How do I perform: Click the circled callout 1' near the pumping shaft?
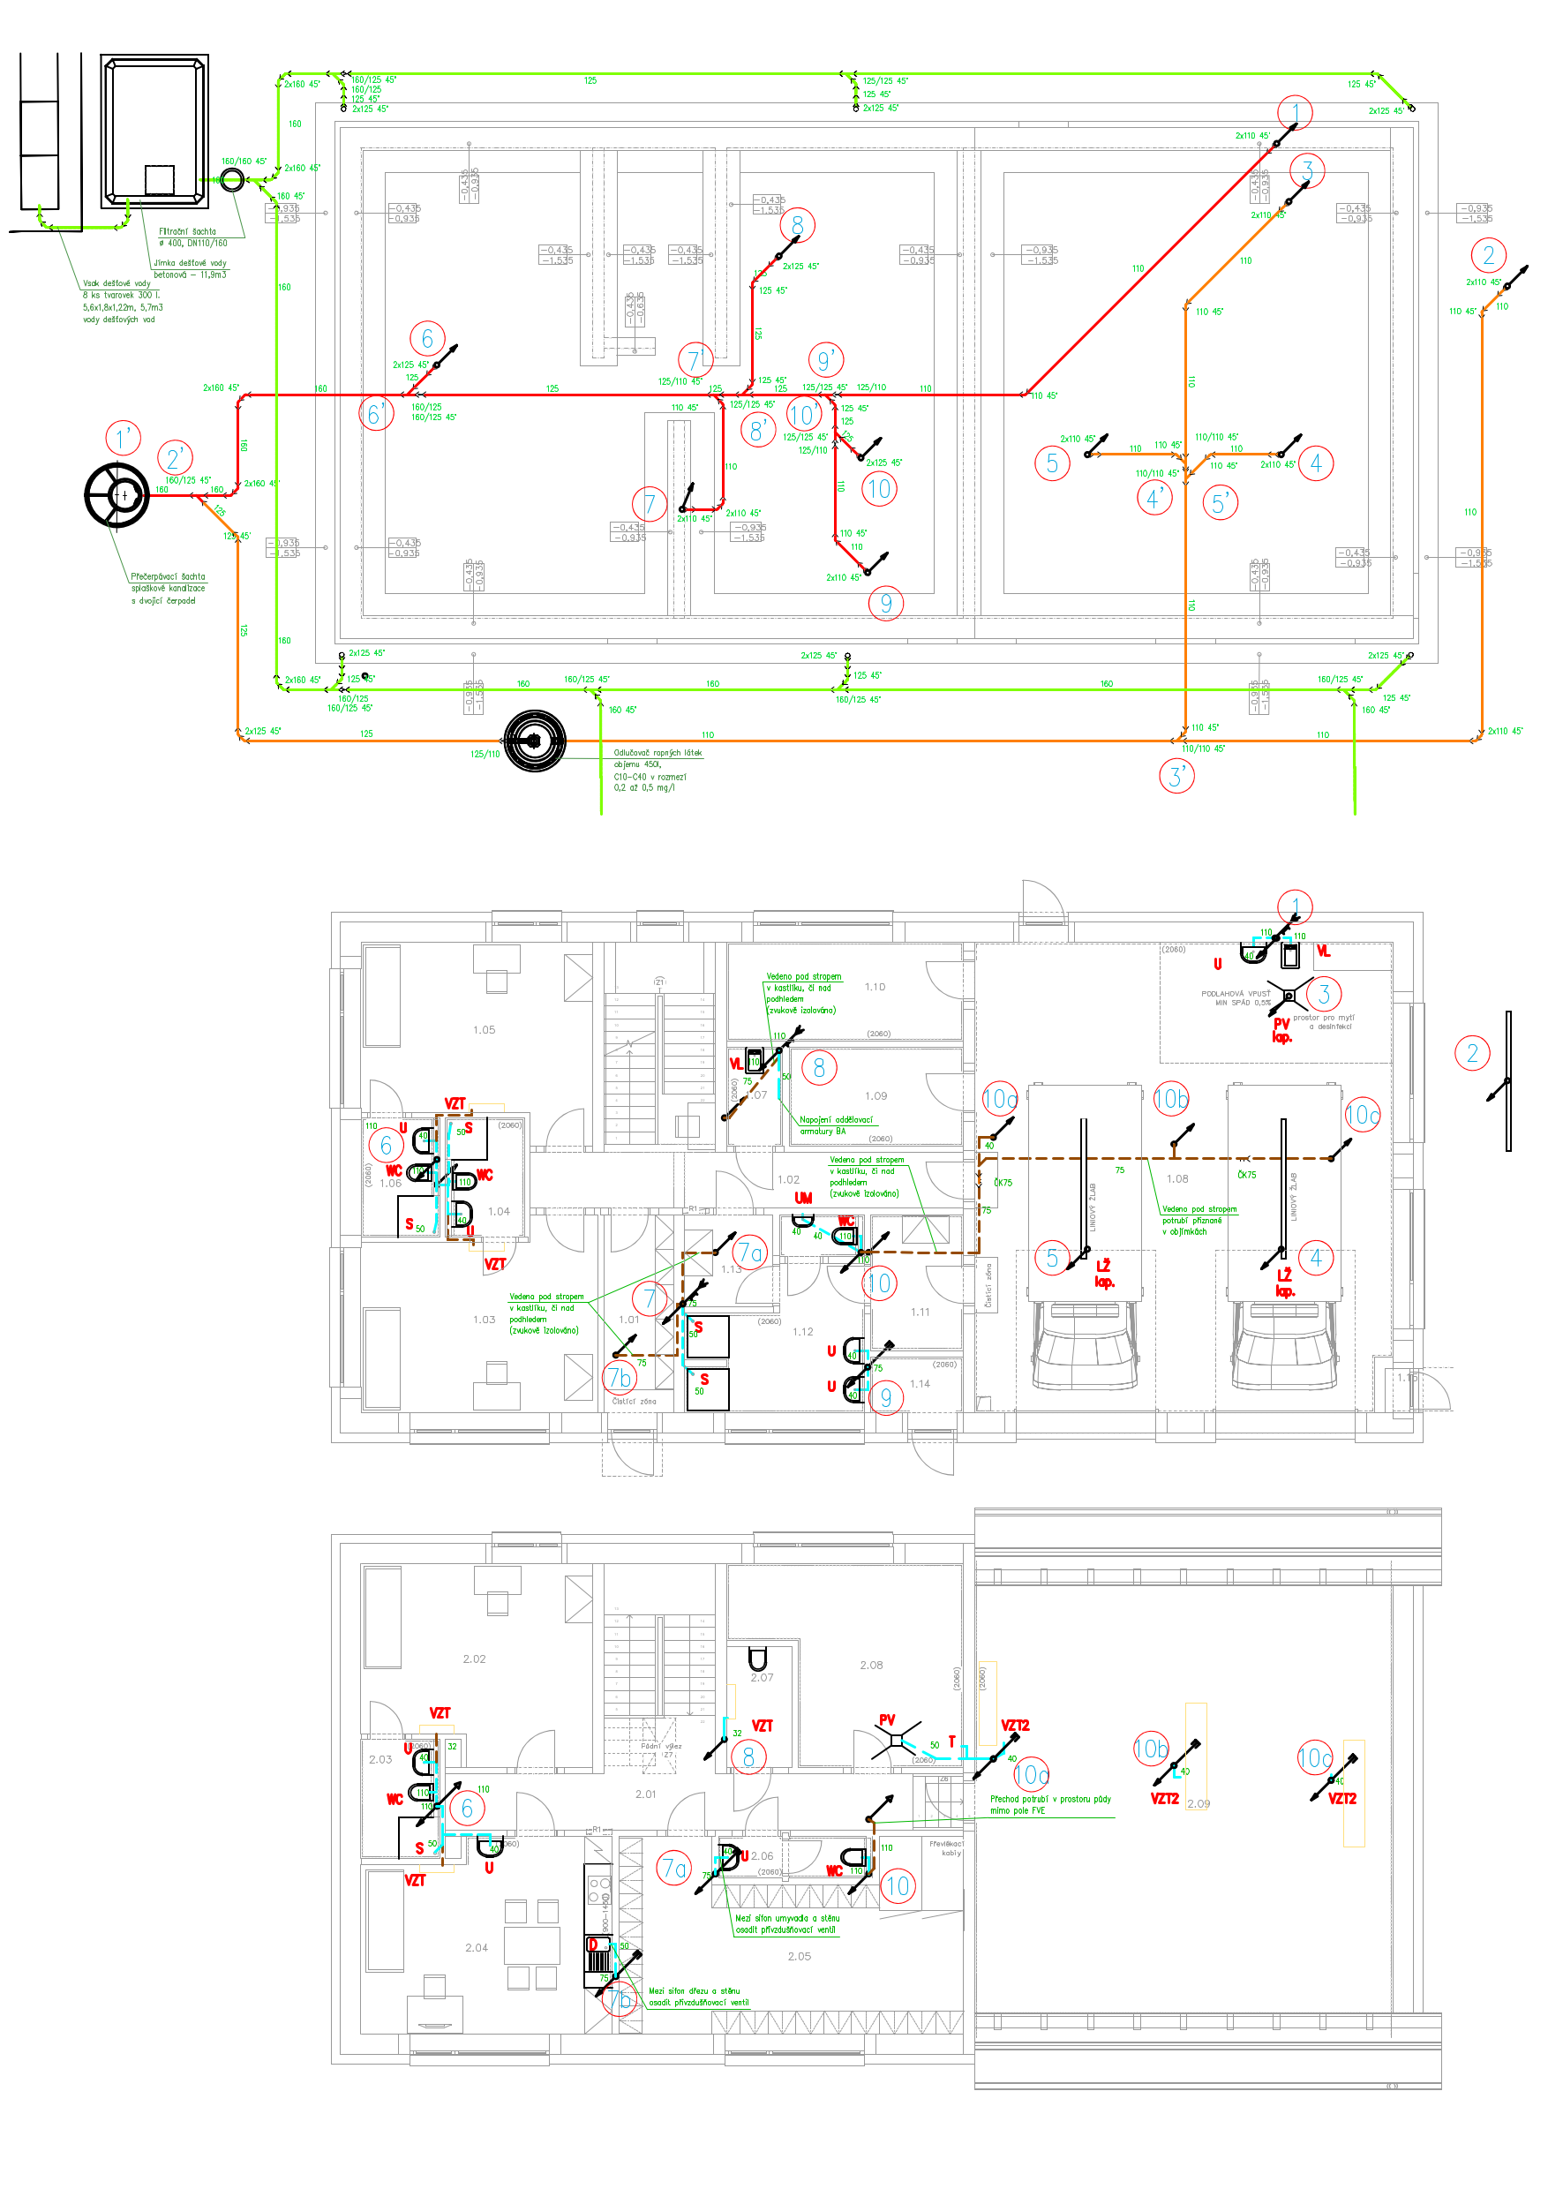123,438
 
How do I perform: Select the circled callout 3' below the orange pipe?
1176,776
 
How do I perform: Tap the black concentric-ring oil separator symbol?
535,741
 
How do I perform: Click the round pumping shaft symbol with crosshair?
117,495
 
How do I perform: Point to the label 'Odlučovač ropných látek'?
658,753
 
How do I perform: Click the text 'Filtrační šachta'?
187,231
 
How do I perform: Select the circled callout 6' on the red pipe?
377,414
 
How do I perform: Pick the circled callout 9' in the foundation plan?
825,359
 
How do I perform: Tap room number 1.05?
485,1030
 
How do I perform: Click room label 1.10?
875,987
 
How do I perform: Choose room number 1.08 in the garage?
1177,1179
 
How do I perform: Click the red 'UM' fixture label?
803,1199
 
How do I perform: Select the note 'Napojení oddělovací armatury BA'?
836,1125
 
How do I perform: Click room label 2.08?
871,1666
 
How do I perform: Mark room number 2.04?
477,1948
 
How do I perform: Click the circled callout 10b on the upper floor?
1151,1749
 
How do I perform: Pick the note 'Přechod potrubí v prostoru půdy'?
1050,1799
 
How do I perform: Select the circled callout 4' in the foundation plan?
1154,497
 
